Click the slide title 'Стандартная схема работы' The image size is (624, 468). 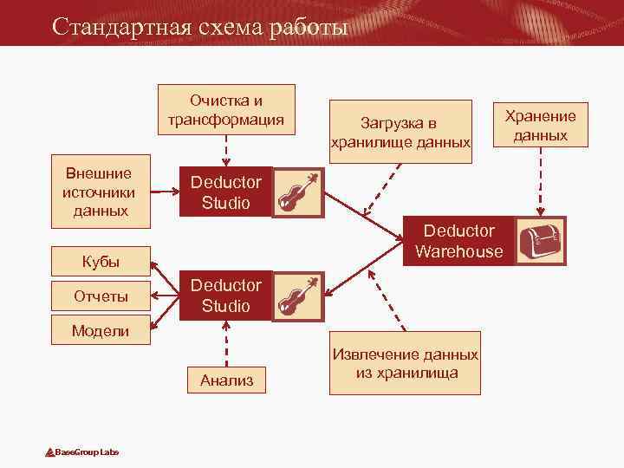(x=199, y=27)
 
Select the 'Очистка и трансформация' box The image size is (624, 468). (x=225, y=108)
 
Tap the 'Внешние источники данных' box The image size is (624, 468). (x=101, y=192)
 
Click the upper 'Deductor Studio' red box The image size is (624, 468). (x=225, y=192)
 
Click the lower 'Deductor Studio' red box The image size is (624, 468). (x=225, y=296)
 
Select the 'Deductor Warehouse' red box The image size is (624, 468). (x=458, y=241)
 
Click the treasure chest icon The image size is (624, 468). (x=541, y=241)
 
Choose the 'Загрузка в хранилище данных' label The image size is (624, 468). (x=400, y=132)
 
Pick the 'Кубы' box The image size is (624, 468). (x=101, y=260)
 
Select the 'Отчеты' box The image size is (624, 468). (x=101, y=296)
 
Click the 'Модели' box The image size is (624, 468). (x=101, y=330)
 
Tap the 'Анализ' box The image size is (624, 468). (x=226, y=379)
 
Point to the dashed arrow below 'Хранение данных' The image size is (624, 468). (x=541, y=182)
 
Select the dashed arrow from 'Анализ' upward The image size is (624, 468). (x=226, y=342)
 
